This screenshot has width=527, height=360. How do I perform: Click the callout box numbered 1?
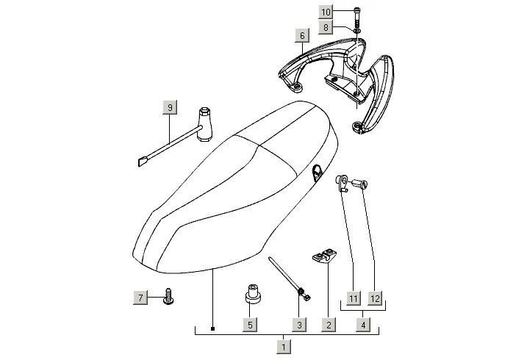[284, 345]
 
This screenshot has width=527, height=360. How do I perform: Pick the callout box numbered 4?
[364, 323]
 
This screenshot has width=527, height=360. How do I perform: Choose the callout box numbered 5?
[250, 323]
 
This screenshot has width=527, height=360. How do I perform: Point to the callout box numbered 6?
[301, 35]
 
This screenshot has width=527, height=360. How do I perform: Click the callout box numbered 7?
[140, 297]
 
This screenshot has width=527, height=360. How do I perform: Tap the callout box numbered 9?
[170, 108]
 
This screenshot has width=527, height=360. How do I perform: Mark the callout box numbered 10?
[326, 12]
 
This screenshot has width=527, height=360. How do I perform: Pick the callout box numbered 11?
[354, 298]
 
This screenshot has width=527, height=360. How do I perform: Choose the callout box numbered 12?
[375, 298]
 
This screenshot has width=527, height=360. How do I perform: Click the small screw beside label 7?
[168, 298]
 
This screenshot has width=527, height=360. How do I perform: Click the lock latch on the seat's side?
[318, 171]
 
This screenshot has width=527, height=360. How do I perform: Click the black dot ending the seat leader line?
[212, 328]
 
